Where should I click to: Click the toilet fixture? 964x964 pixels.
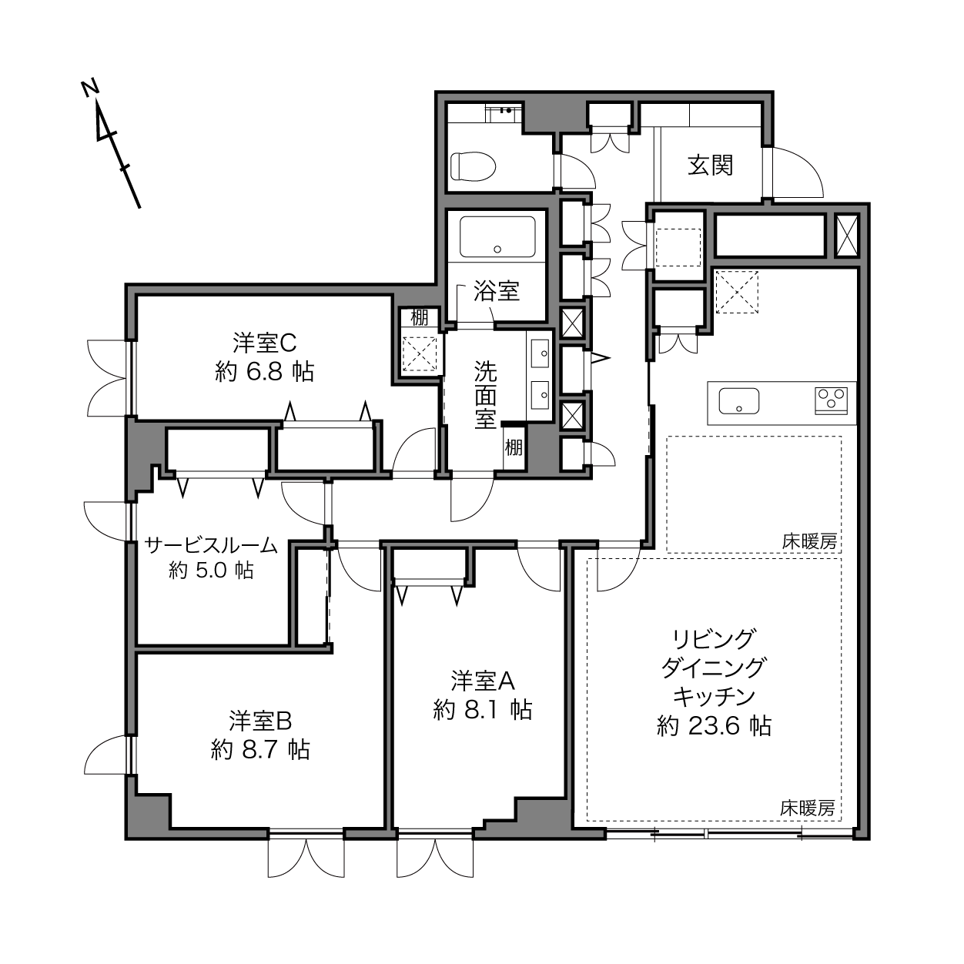tap(473, 166)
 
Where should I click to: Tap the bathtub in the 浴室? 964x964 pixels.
tap(497, 236)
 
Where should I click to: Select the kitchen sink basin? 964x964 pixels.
tap(739, 400)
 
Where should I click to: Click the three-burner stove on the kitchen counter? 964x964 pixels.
tap(831, 400)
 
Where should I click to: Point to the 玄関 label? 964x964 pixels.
tap(711, 166)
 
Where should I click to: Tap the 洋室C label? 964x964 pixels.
tap(265, 343)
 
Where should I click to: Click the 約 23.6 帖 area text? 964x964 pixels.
tap(714, 726)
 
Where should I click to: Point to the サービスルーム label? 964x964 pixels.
tap(211, 545)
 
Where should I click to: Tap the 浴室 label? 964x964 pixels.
tap(497, 291)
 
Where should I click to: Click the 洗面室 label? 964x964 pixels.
tap(485, 395)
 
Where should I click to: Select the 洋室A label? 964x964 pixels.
tap(483, 681)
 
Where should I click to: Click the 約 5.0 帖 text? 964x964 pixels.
tap(211, 571)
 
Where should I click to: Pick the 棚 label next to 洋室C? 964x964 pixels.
tap(419, 318)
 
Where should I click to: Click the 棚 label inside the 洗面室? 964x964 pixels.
tap(514, 447)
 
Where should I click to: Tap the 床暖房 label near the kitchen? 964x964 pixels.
tap(809, 542)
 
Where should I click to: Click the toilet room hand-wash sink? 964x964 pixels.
tap(504, 112)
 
